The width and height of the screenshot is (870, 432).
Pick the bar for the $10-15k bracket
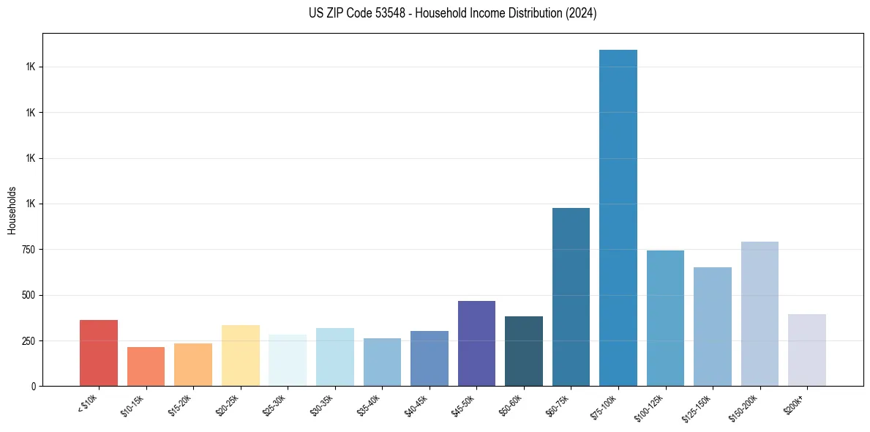pos(146,366)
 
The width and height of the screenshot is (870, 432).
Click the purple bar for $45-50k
pos(476,343)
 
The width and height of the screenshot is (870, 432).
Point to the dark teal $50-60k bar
pos(524,351)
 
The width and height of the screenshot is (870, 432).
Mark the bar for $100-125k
pos(665,318)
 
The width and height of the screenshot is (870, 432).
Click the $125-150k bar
pos(713,327)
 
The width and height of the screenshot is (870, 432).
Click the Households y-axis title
pos(12,209)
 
